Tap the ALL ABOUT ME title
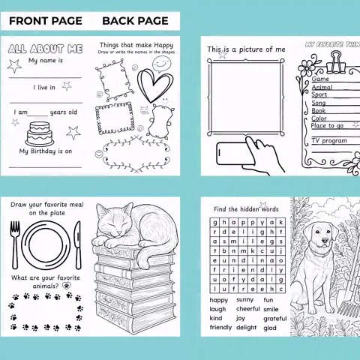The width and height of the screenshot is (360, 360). [44, 49]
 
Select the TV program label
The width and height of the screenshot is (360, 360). [329, 141]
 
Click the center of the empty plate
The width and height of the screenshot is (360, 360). [45, 244]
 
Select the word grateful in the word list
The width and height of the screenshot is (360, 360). [274, 318]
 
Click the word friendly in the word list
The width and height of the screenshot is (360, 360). [220, 328]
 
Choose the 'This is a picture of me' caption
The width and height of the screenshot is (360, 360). [246, 49]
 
